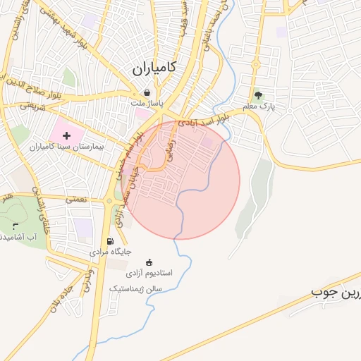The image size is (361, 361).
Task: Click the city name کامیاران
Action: click(x=154, y=68)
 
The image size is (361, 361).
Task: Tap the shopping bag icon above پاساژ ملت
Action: click(x=147, y=92)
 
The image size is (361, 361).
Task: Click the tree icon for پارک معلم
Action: click(x=258, y=94)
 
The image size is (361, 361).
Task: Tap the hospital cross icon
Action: click(x=66, y=134)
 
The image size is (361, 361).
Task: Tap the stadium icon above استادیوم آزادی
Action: click(x=148, y=262)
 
